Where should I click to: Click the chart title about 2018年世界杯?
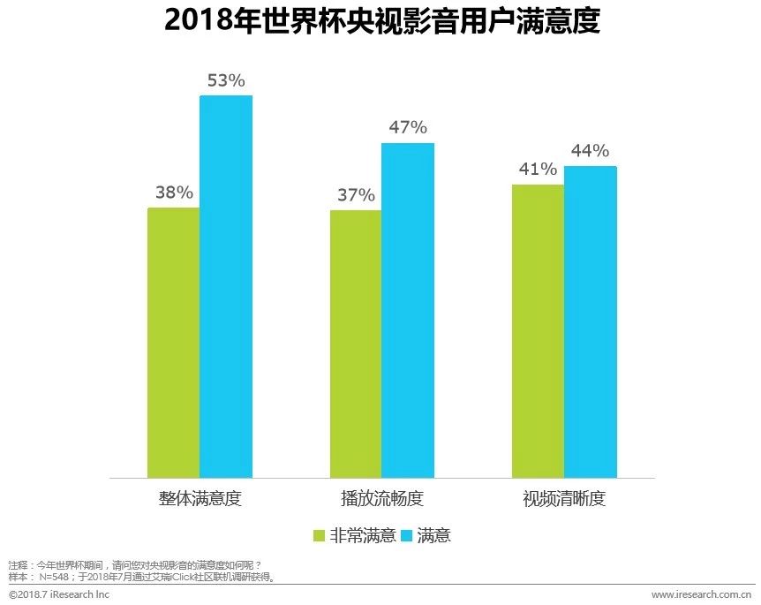[381, 21]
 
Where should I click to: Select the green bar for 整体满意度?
[173, 343]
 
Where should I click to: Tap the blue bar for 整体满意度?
[226, 286]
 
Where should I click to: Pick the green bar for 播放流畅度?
[356, 344]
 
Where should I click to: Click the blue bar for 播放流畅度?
[408, 310]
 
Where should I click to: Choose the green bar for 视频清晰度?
[538, 331]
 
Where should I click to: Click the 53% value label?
[226, 80]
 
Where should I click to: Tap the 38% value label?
[173, 193]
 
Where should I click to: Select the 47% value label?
[408, 127]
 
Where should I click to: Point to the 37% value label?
[356, 195]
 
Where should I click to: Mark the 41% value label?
[538, 169]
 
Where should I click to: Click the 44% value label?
[590, 151]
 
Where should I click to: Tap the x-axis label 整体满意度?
[200, 498]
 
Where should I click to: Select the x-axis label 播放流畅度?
[381, 498]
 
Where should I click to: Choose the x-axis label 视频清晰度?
[564, 498]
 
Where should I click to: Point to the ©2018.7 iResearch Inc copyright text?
[59, 594]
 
